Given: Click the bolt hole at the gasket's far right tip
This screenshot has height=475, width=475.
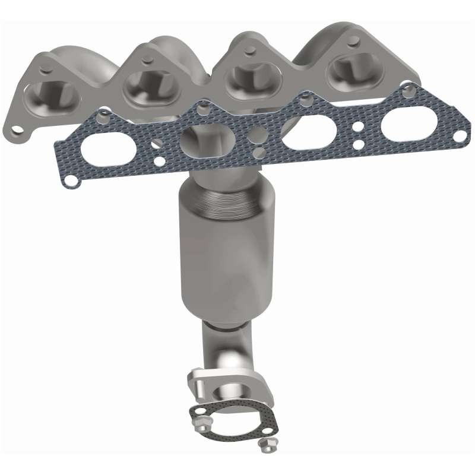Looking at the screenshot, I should (458, 136).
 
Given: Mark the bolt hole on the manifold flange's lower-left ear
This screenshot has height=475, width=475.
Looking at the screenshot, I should (20, 129).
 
